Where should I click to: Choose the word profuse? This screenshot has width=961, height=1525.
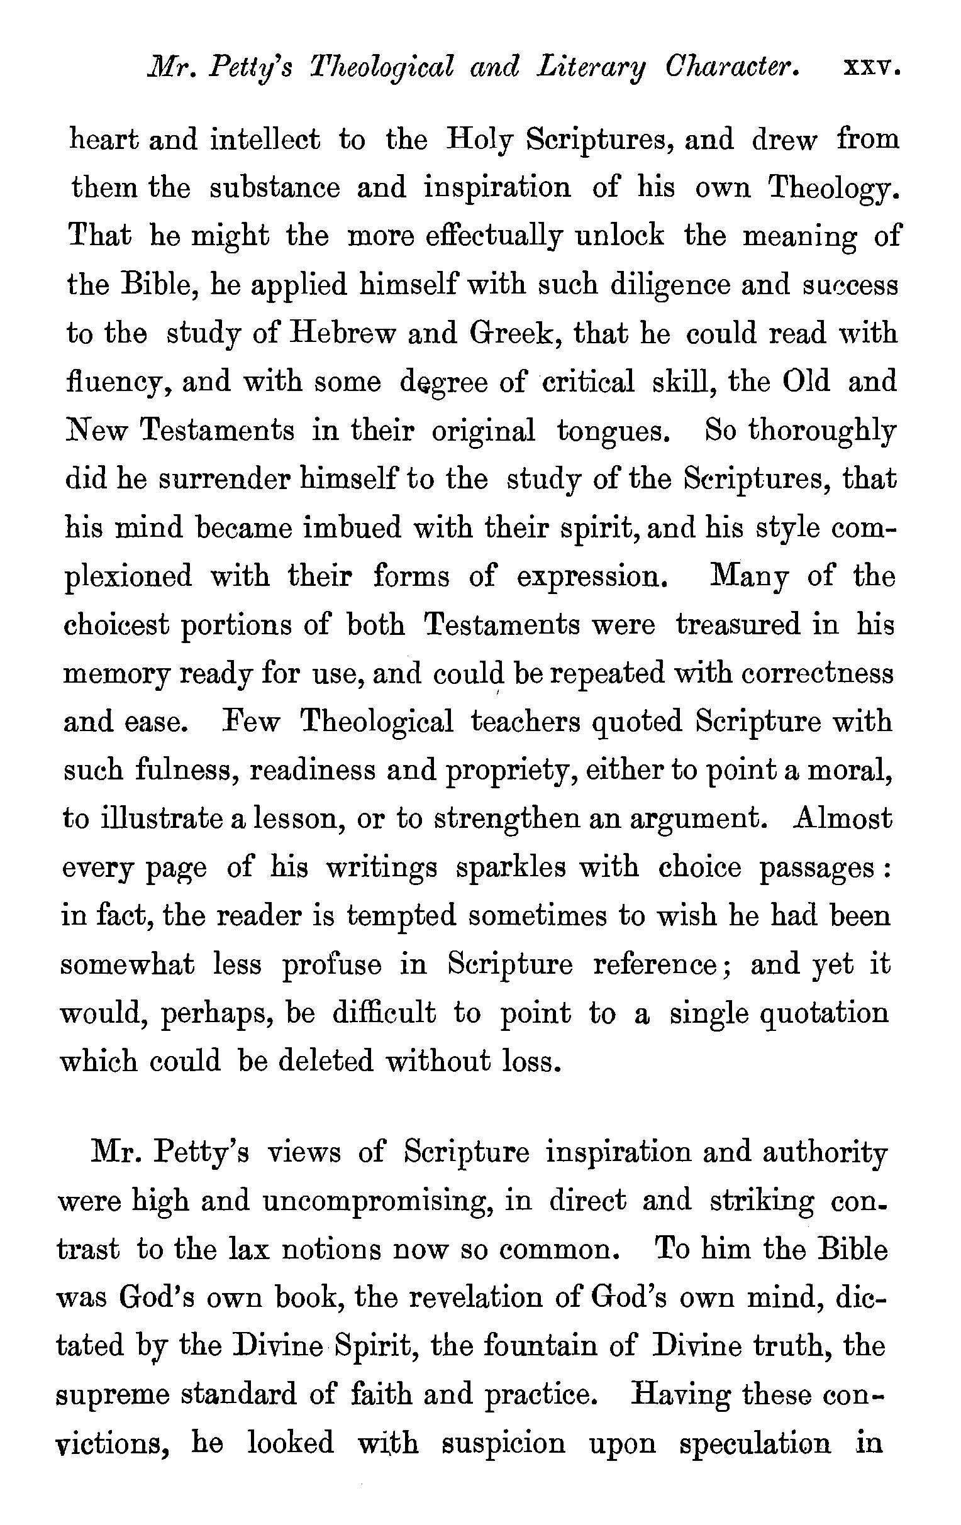[x=331, y=965]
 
